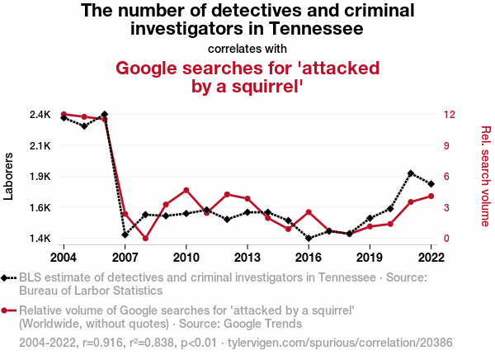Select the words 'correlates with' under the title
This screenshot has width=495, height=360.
pyautogui.click(x=247, y=48)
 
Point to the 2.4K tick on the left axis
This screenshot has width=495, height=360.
pyautogui.click(x=40, y=115)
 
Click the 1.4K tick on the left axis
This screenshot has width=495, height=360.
pyautogui.click(x=40, y=239)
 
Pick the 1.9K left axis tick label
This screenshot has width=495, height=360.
pyautogui.click(x=40, y=177)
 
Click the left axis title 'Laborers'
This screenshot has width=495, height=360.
pyautogui.click(x=9, y=176)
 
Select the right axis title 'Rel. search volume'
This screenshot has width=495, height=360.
pyautogui.click(x=486, y=176)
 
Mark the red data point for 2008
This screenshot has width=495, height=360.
pyautogui.click(x=145, y=239)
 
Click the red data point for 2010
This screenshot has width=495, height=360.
pyautogui.click(x=186, y=190)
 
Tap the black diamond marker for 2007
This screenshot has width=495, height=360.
pyautogui.click(x=125, y=234)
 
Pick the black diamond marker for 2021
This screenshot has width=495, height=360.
pyautogui.click(x=411, y=173)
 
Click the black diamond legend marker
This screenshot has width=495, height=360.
pyautogui.click(x=8, y=277)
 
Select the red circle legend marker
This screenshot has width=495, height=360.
pyautogui.click(x=8, y=310)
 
